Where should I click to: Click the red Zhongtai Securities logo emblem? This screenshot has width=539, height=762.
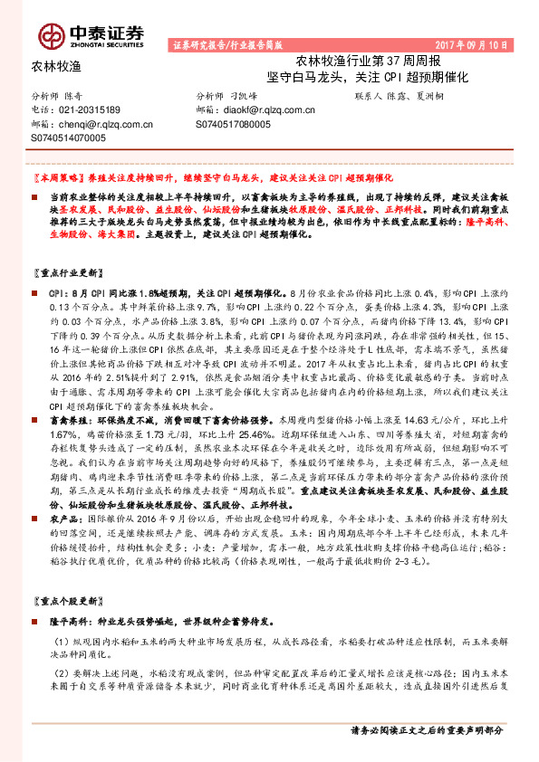51,35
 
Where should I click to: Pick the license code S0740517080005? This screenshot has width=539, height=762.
233,124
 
